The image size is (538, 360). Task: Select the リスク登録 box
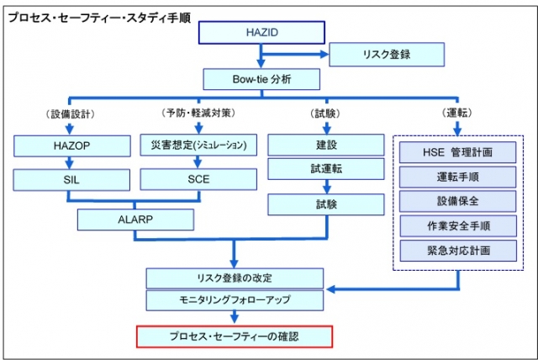click(x=386, y=56)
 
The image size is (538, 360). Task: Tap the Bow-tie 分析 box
click(x=261, y=81)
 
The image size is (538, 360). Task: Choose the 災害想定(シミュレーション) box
click(x=195, y=146)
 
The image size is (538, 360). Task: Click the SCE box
click(x=195, y=179)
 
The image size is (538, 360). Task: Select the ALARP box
click(x=135, y=220)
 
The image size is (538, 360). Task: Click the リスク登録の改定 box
click(x=235, y=278)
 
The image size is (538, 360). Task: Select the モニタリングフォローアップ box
click(x=235, y=299)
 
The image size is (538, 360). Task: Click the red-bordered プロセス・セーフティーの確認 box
click(x=235, y=336)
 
